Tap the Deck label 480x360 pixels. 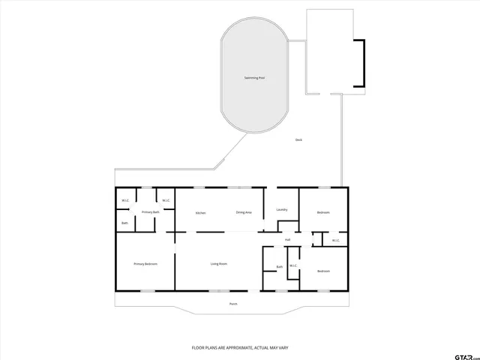298,140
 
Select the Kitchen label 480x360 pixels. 200,213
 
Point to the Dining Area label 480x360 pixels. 244,213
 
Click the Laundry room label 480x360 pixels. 282,209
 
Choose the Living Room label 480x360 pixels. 218,264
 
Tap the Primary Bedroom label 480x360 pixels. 145,264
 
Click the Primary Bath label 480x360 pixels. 151,213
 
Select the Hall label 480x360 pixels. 287,240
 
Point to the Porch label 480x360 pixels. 232,304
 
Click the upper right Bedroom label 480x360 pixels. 323,213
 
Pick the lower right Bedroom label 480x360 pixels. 323,271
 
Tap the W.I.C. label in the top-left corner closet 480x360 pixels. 126,200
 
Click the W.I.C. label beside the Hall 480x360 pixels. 336,240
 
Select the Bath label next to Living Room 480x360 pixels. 279,267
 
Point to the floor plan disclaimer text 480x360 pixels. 240,348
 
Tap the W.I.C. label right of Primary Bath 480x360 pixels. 166,200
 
